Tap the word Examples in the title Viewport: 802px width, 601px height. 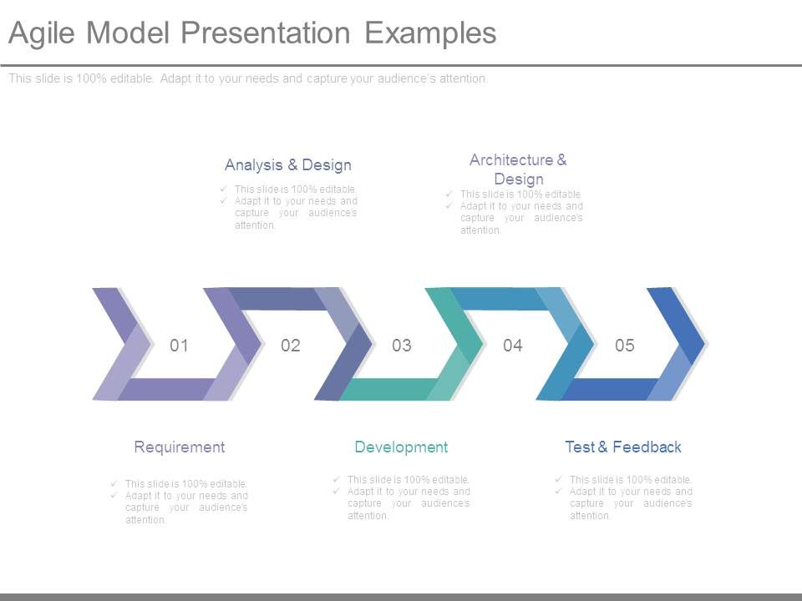pyautogui.click(x=431, y=33)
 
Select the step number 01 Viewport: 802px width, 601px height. pyautogui.click(x=179, y=346)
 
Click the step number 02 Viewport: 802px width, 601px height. pyautogui.click(x=290, y=346)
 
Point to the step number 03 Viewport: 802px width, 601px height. pyautogui.click(x=402, y=346)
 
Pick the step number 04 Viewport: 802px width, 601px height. pyautogui.click(x=513, y=346)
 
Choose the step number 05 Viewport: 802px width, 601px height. pyautogui.click(x=625, y=346)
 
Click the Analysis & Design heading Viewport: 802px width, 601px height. pyautogui.click(x=288, y=165)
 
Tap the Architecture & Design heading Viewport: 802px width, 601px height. pyautogui.click(x=518, y=169)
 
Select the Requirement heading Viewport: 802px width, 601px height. pyautogui.click(x=180, y=447)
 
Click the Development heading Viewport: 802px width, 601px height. pyautogui.click(x=401, y=447)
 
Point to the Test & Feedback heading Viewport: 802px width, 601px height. pyautogui.click(x=623, y=447)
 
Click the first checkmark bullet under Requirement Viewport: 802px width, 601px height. pyautogui.click(x=113, y=483)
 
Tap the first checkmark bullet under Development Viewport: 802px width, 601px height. pyautogui.click(x=335, y=479)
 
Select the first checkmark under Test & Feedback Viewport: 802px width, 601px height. pyautogui.click(x=557, y=479)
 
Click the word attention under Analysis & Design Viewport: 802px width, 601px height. pyautogui.click(x=254, y=225)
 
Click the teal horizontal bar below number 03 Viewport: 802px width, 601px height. pyautogui.click(x=389, y=389)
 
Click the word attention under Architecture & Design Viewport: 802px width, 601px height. pyautogui.click(x=480, y=230)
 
